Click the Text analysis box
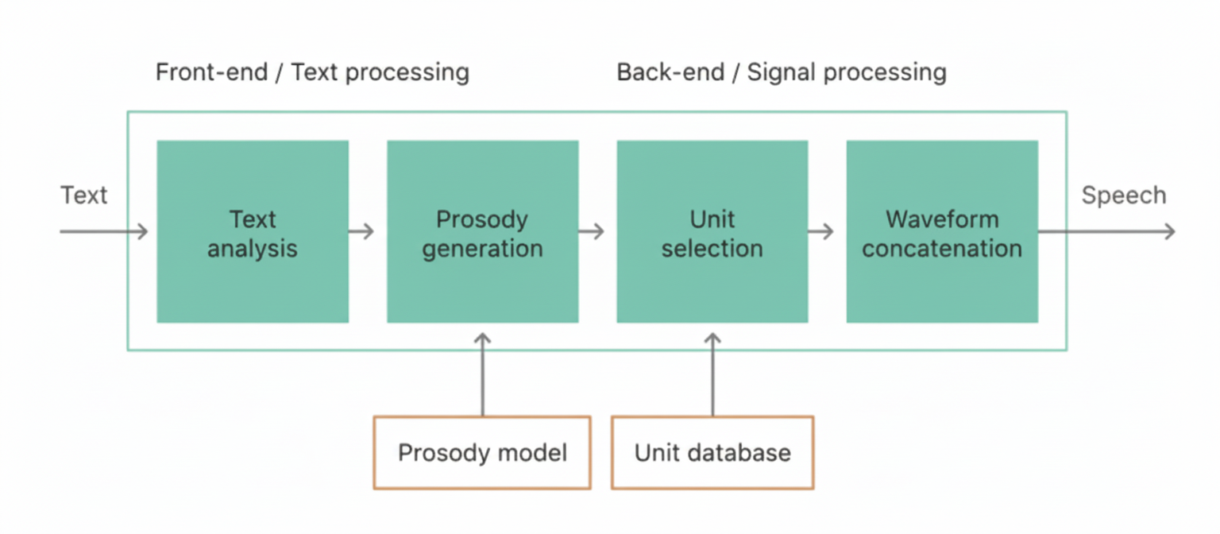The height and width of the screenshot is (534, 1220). (253, 232)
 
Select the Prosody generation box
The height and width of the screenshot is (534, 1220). (482, 232)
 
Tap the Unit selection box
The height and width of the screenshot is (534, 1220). (712, 232)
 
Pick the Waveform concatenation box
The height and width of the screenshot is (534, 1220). (942, 232)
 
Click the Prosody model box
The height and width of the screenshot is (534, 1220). (482, 452)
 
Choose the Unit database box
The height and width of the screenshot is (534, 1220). (712, 452)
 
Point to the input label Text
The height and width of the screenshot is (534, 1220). (83, 195)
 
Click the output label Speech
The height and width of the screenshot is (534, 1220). (1123, 195)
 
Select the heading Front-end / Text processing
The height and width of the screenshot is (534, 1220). (312, 72)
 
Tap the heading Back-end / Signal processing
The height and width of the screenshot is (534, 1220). (782, 72)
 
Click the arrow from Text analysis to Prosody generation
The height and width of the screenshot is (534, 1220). (361, 232)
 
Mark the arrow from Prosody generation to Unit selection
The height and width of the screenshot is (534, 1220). (591, 232)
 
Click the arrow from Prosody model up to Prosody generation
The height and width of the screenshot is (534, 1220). (482, 373)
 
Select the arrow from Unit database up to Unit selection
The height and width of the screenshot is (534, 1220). (712, 373)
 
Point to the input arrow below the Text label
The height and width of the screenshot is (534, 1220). (103, 232)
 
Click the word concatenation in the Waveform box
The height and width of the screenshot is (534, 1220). (942, 248)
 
